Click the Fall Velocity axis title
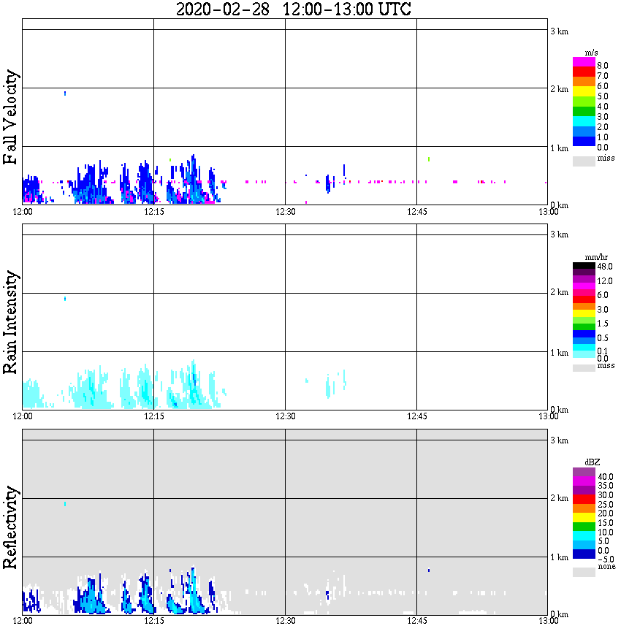[x=11, y=118]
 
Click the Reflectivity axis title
[x=11, y=529]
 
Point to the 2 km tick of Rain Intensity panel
[x=559, y=293]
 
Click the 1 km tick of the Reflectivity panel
[x=559, y=558]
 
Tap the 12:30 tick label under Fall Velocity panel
[x=285, y=211]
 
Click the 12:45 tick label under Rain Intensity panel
[x=416, y=416]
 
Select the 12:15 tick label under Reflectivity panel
[x=153, y=621]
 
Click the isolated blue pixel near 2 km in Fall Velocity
[x=65, y=93]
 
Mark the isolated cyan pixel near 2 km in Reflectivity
[x=65, y=504]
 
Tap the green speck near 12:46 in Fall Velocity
[x=429, y=158]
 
